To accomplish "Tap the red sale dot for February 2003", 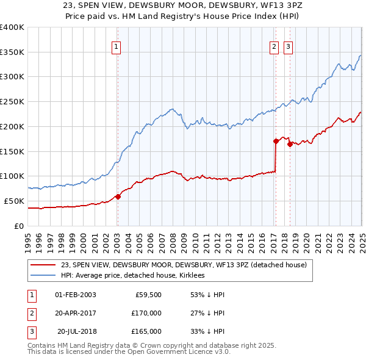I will (118, 196).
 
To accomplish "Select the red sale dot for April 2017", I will (276, 141).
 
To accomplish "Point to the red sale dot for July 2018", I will (290, 144).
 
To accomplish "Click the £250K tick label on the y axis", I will (12, 101).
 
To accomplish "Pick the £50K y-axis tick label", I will (14, 201).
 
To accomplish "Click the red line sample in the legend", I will (43, 265).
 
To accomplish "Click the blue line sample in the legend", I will (43, 275).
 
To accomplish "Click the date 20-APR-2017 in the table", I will (76, 313).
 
